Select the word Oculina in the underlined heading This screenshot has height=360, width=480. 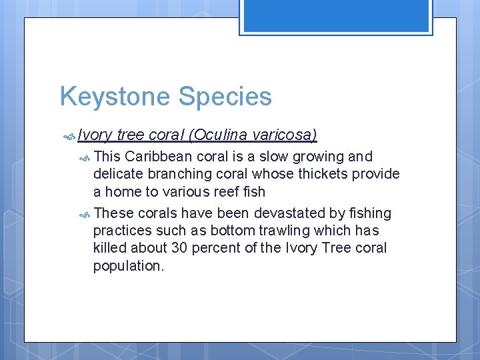click(215, 135)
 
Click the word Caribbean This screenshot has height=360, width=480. click(159, 157)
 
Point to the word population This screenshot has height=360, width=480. click(128, 265)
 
